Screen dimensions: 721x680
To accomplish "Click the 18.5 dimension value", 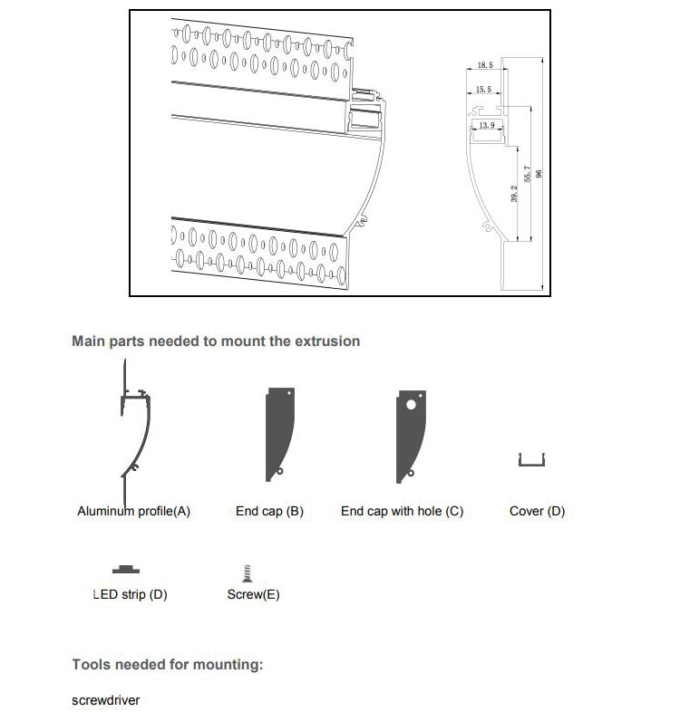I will click(484, 66).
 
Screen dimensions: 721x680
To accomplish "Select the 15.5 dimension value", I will click(483, 90).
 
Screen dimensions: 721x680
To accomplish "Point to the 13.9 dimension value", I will click(487, 125).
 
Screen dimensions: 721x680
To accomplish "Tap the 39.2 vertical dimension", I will click(514, 195).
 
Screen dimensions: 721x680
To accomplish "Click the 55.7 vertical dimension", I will click(529, 174).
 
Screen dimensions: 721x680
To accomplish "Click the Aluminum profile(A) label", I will click(133, 512).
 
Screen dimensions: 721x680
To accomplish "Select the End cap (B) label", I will click(269, 512).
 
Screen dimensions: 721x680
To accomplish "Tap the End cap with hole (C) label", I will click(402, 512).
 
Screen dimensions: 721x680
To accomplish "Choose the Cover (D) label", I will click(537, 512).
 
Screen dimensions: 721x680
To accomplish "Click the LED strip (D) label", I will click(130, 595).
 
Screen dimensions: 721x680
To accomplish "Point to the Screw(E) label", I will click(253, 595).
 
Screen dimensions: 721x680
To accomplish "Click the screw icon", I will click(245, 572).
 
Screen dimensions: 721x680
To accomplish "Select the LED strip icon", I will click(127, 569).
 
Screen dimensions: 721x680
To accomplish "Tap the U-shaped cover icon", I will click(532, 462).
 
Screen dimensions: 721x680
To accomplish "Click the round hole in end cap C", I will click(412, 405).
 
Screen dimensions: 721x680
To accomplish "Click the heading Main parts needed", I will click(216, 341).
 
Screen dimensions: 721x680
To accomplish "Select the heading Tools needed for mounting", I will click(167, 665).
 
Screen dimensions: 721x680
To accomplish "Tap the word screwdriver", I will click(106, 700).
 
